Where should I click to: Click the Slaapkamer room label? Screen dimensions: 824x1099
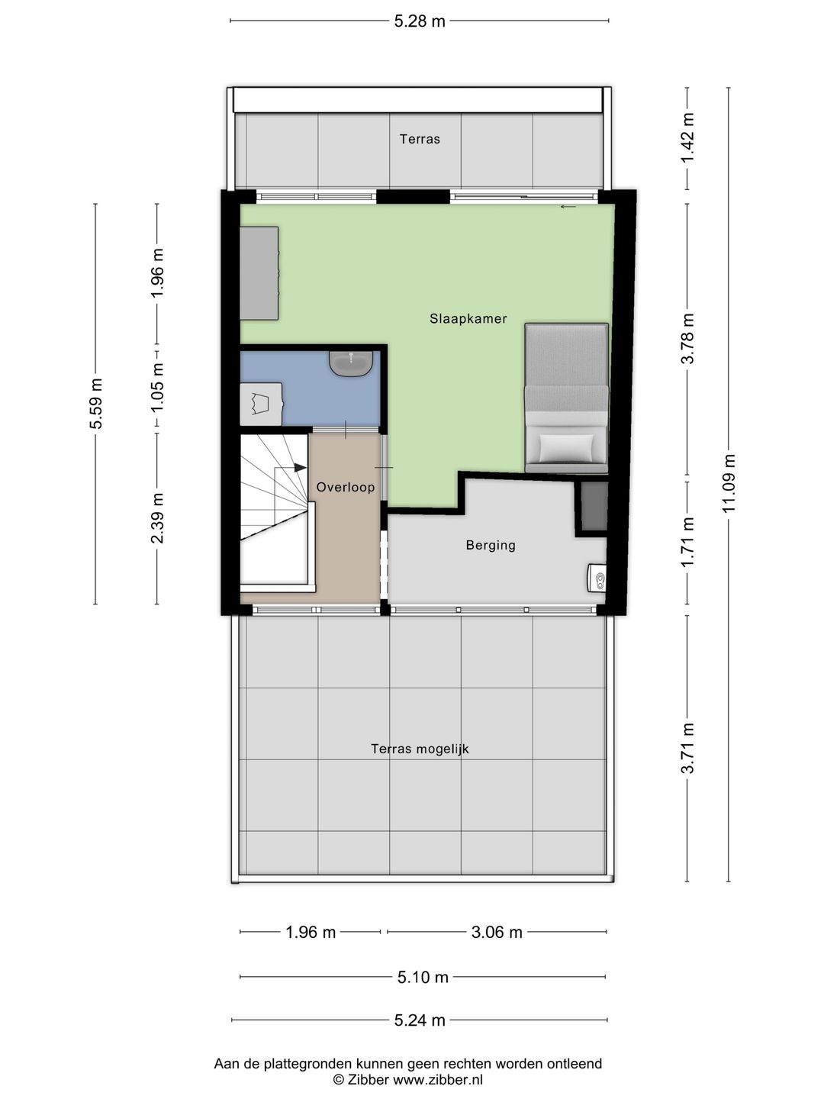point(468,318)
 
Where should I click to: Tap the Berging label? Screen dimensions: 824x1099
point(491,545)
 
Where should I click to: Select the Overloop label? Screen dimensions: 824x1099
point(345,487)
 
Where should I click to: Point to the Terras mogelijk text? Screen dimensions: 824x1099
point(420,749)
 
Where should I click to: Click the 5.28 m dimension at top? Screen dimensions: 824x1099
point(420,21)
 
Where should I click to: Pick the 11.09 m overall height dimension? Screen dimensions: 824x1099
point(729,482)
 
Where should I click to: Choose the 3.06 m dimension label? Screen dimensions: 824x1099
point(496,932)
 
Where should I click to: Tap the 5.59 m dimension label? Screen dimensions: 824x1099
point(95,404)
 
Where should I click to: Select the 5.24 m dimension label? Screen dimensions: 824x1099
point(420,1020)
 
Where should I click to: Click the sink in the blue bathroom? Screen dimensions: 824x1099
point(351,363)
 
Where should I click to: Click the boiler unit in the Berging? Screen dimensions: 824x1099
point(597,579)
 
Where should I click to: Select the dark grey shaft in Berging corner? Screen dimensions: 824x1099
point(594,507)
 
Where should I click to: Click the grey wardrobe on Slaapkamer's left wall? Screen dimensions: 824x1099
point(259,273)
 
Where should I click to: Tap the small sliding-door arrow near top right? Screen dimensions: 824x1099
point(568,207)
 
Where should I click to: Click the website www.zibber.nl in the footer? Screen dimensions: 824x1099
point(438,1079)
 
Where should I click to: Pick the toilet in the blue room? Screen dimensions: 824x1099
point(261,404)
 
